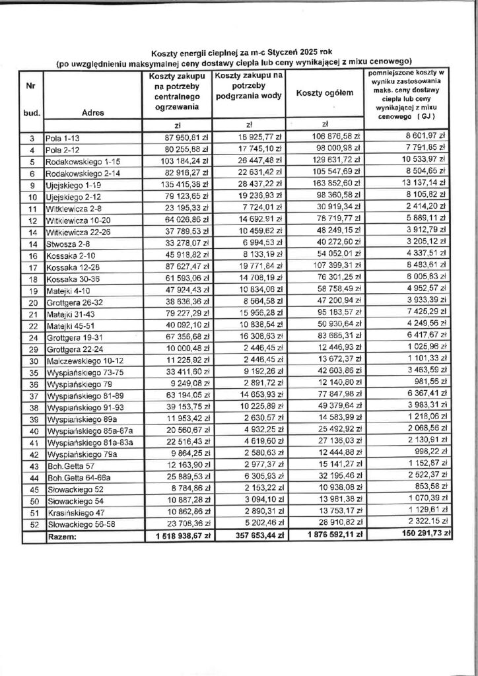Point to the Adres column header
93,113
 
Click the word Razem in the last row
62,537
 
